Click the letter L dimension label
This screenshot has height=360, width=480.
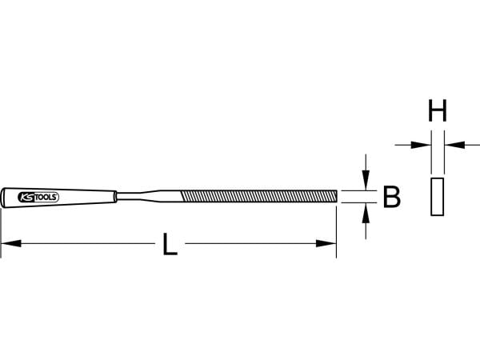pyautogui.click(x=170, y=244)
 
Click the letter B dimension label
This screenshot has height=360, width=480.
pyautogui.click(x=391, y=197)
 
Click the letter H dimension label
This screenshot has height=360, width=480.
pyautogui.click(x=438, y=110)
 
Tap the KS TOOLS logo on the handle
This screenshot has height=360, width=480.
pyautogui.click(x=38, y=198)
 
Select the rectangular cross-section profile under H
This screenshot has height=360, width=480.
pyautogui.click(x=437, y=197)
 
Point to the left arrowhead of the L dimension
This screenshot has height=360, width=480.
pyautogui.click(x=11, y=244)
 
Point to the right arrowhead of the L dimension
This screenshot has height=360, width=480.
pyautogui.click(x=326, y=244)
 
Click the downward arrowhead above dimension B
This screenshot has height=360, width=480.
pyautogui.click(x=366, y=180)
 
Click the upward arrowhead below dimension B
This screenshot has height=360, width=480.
pyautogui.click(x=366, y=213)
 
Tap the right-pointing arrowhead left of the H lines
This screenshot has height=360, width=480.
pyautogui.click(x=421, y=145)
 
